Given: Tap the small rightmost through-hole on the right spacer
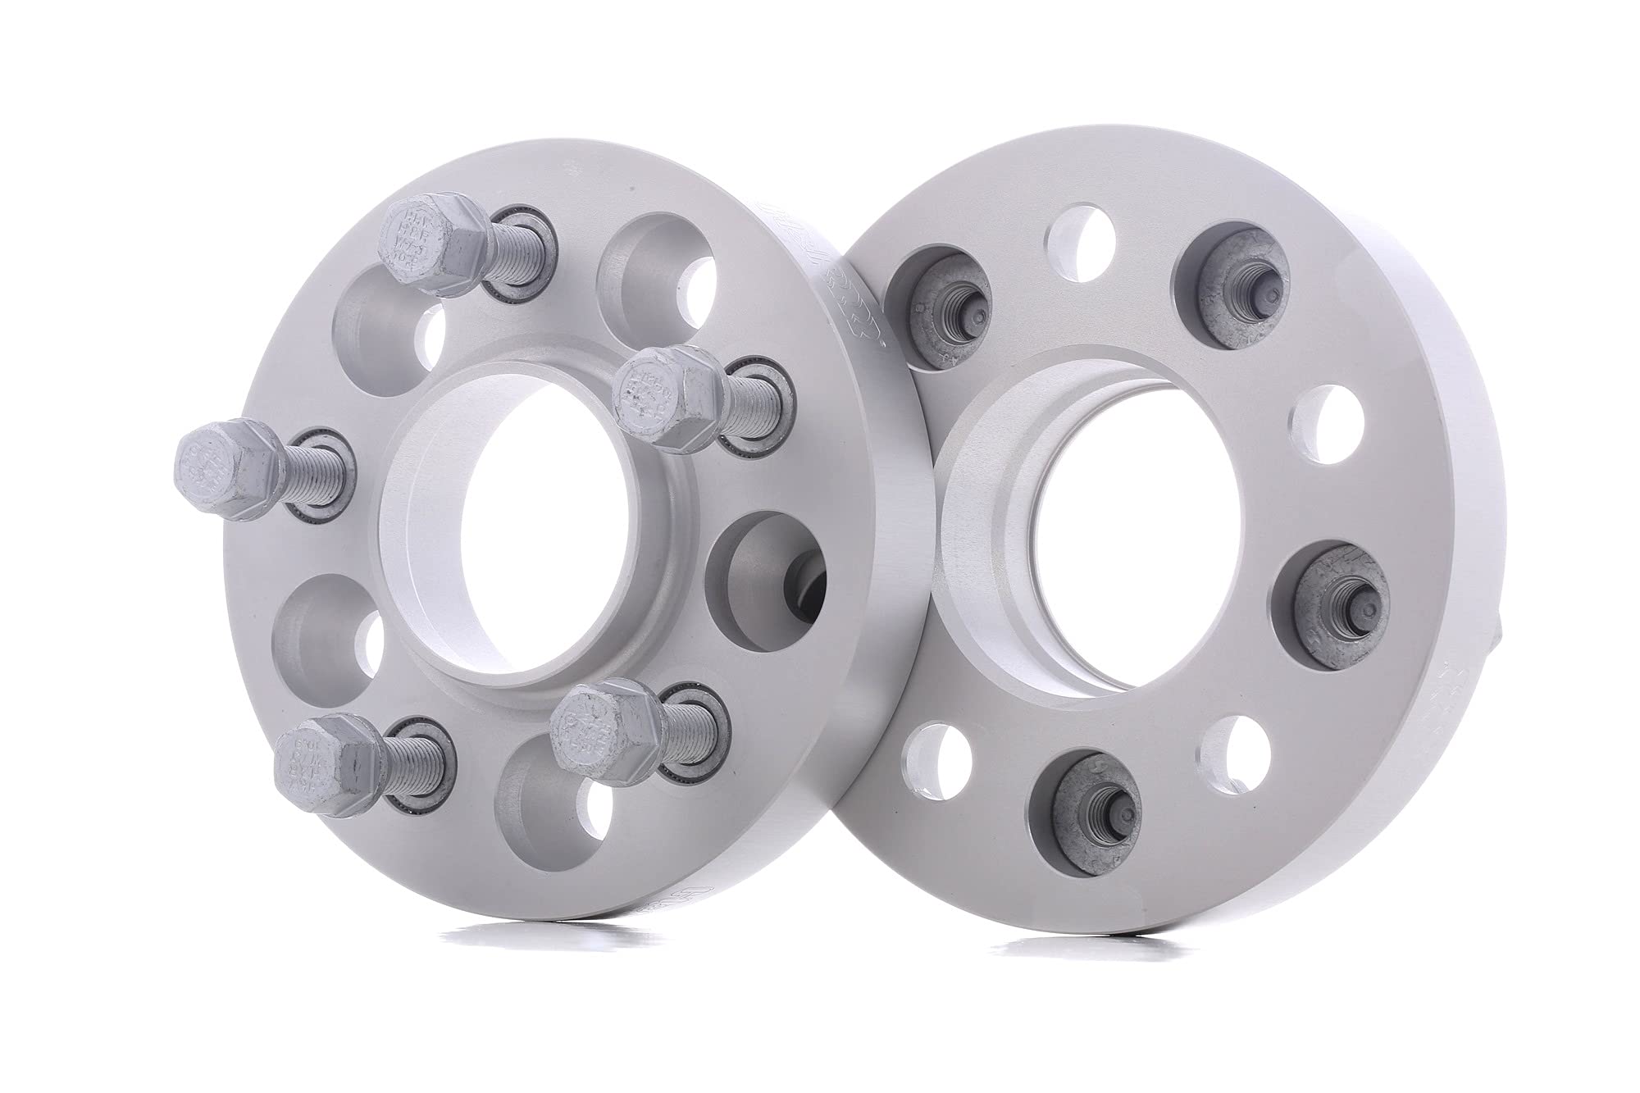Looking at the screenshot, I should (1328, 418).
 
